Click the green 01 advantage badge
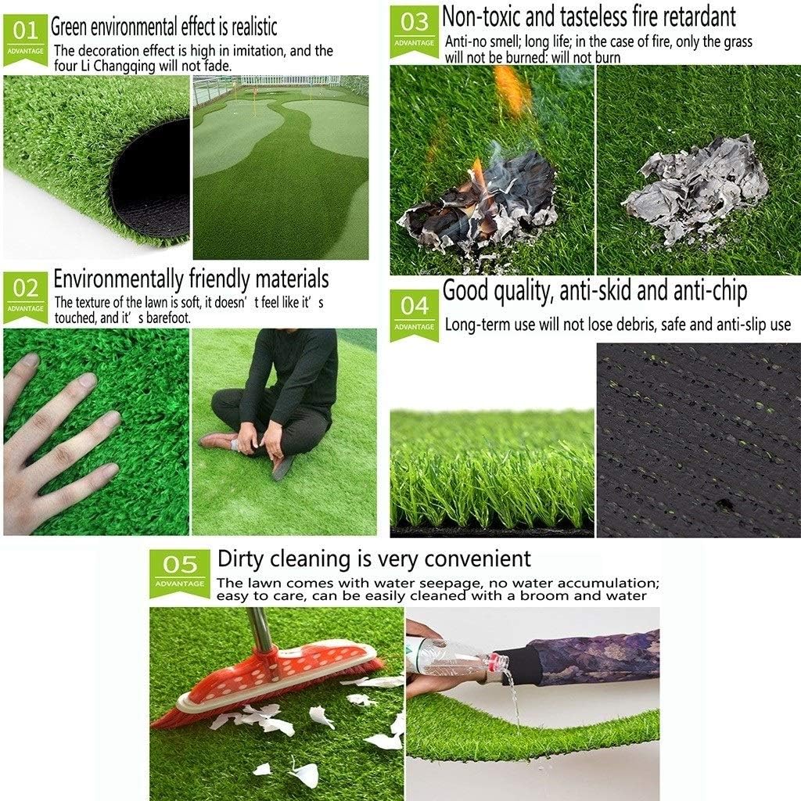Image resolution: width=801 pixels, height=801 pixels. coord(25,38)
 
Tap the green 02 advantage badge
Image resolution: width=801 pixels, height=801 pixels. coord(25,295)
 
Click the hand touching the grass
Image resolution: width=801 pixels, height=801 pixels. coord(55,438)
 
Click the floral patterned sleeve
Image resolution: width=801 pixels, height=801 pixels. coord(594,657)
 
